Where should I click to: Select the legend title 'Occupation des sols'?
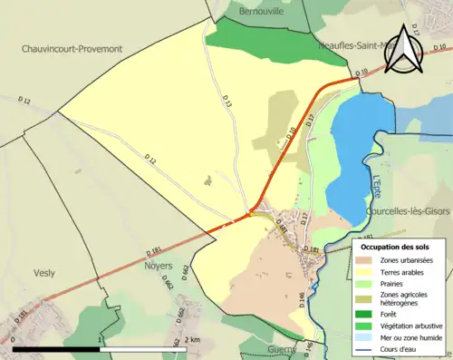coord(395,247)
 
